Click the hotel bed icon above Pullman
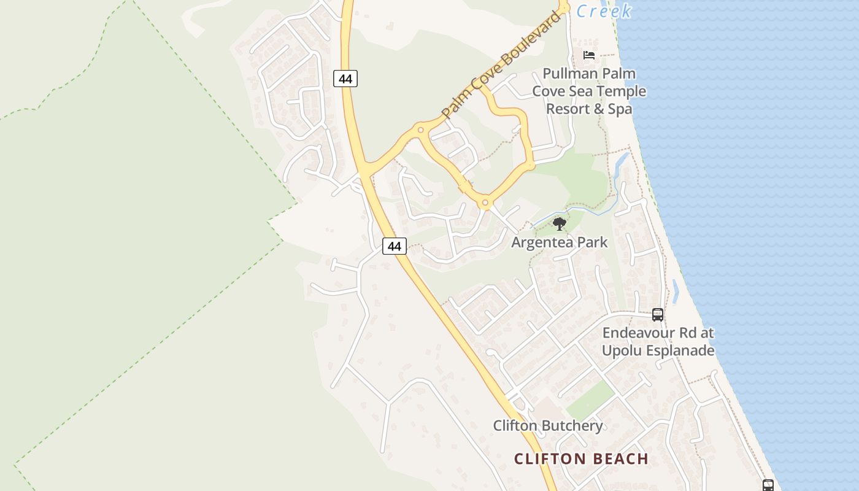589,55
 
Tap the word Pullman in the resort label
572,74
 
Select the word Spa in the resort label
620,109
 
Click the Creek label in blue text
604,11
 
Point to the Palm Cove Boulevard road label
501,64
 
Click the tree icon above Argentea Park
559,224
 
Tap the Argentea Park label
560,242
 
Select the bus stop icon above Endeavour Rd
658,315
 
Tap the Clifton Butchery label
548,426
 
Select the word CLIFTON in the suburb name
549,459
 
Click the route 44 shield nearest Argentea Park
395,246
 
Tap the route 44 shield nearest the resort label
345,79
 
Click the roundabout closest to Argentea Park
485,202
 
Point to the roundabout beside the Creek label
563,9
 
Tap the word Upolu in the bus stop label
621,351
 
